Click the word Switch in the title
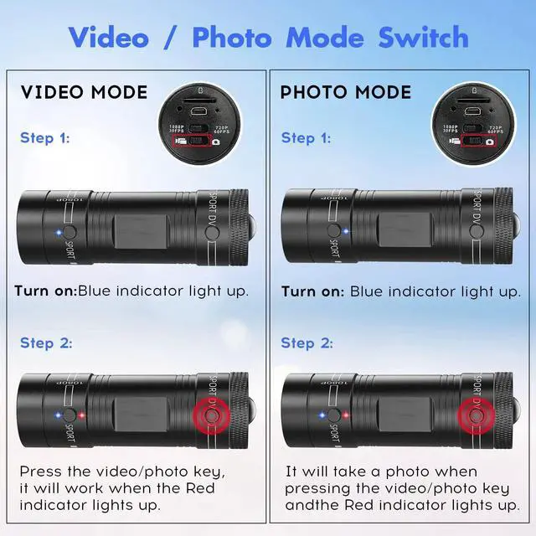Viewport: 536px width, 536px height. tap(424, 38)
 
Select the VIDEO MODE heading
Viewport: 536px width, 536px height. tap(84, 92)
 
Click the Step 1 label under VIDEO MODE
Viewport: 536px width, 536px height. tap(46, 137)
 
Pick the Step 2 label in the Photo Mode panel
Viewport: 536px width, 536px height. tap(307, 343)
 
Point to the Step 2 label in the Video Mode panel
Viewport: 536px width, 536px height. tap(46, 343)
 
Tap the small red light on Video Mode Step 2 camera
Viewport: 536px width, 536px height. tap(84, 415)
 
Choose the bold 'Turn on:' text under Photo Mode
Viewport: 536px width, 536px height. tap(311, 291)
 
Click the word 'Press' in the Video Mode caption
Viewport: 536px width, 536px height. tap(41, 472)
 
